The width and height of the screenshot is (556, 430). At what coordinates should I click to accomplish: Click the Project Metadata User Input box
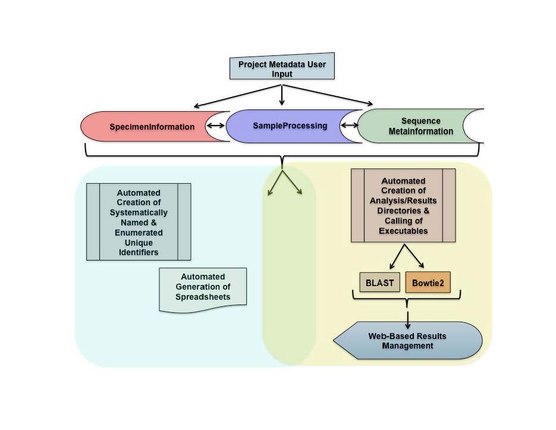coord(282,68)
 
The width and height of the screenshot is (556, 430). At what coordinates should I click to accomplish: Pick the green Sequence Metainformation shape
coord(416,126)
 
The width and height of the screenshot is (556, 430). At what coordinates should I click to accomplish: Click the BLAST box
coord(379,283)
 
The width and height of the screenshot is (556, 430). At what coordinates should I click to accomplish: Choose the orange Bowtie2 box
coord(428,283)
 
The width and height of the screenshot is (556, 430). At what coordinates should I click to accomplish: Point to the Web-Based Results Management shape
coord(408,341)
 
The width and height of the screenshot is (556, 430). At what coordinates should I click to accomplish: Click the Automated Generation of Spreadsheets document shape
coord(203,288)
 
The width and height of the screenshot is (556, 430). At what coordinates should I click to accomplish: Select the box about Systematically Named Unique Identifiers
coord(139,221)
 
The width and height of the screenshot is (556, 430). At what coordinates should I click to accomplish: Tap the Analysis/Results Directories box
coord(404,205)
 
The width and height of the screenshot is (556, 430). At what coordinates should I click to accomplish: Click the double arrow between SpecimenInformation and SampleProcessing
coord(215,126)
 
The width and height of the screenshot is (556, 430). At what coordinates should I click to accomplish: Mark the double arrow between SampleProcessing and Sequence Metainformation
coord(350,125)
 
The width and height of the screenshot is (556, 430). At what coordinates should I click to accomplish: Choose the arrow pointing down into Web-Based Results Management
coord(408,318)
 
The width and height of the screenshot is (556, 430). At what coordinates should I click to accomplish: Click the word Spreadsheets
coord(203,296)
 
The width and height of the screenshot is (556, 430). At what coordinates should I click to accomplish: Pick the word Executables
coord(404,231)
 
